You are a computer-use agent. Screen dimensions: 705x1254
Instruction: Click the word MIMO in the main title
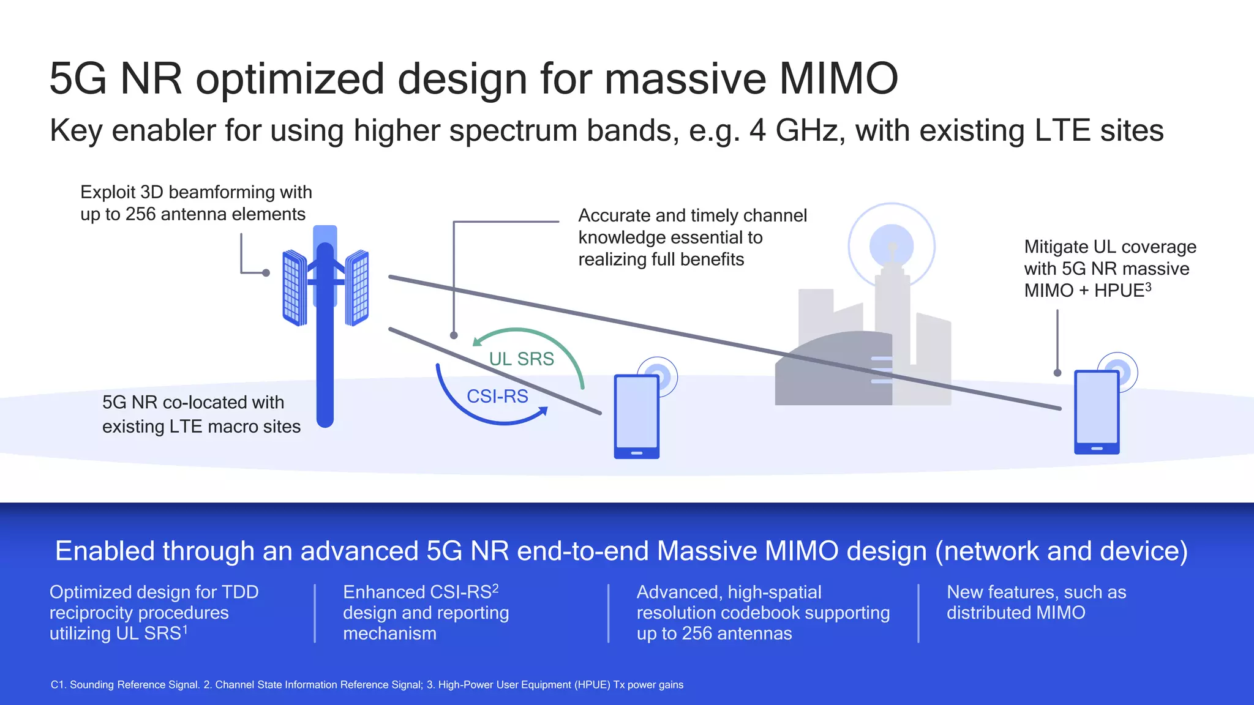[x=838, y=78]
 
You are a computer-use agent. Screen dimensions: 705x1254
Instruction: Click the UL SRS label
[x=521, y=359]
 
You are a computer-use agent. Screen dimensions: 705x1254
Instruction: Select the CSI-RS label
[x=497, y=396]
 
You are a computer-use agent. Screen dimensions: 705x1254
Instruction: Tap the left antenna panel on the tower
[x=294, y=288]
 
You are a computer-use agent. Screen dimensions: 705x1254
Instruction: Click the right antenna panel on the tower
[x=357, y=288]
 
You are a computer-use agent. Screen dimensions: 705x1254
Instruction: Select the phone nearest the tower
[x=637, y=416]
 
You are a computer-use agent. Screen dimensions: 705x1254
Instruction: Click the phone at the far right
[x=1097, y=412]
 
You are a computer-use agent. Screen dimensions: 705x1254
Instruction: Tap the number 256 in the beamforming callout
[x=140, y=214]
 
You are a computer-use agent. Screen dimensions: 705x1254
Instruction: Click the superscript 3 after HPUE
[x=1148, y=286]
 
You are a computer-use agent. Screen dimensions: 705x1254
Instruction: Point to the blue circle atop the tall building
[x=892, y=246]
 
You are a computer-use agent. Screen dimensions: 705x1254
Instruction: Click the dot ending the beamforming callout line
[x=266, y=273]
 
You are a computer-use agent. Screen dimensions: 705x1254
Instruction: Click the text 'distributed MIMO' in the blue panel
[x=1016, y=613]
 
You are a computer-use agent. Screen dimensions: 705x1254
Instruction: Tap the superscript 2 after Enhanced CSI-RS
[x=495, y=588]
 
